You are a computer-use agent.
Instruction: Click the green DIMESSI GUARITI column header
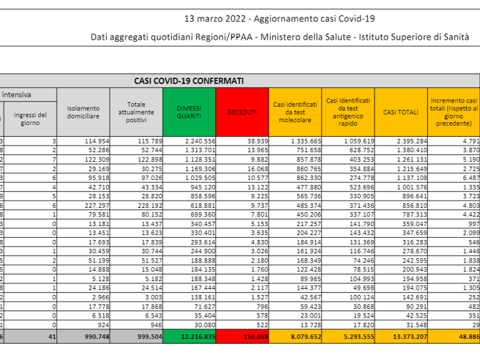(x=190, y=111)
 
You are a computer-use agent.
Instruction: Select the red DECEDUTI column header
(x=242, y=111)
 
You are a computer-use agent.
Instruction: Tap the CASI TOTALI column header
(x=401, y=111)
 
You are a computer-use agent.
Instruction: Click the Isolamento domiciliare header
(x=83, y=111)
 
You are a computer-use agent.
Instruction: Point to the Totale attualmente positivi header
(x=136, y=111)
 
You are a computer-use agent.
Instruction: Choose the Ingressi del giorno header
(x=30, y=117)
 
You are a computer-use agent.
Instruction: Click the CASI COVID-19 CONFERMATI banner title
(x=189, y=80)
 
